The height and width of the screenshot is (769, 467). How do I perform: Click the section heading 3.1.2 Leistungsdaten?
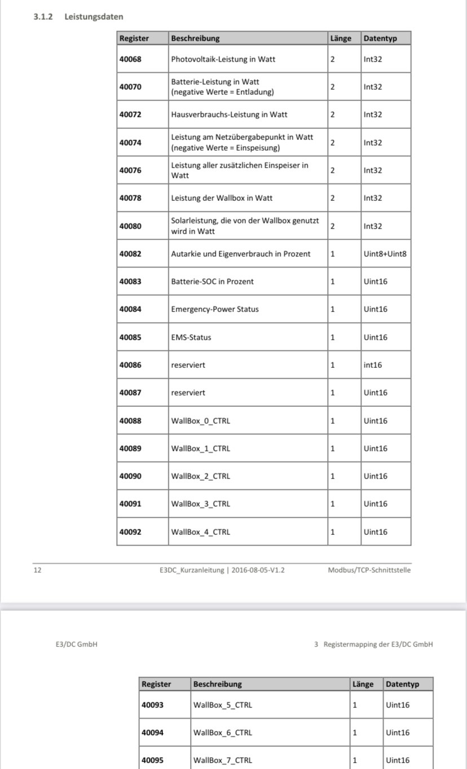pyautogui.click(x=78, y=17)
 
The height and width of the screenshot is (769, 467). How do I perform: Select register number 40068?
pyautogui.click(x=130, y=59)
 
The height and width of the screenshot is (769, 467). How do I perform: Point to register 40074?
pyautogui.click(x=130, y=143)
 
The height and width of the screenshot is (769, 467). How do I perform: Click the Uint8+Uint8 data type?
pyautogui.click(x=385, y=254)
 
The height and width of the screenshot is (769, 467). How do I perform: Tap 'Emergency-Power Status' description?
pyautogui.click(x=215, y=309)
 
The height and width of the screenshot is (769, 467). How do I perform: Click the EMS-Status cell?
pyautogui.click(x=191, y=337)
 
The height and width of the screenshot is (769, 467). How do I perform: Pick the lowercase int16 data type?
pyautogui.click(x=373, y=365)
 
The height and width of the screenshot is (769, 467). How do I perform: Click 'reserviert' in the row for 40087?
pyautogui.click(x=188, y=393)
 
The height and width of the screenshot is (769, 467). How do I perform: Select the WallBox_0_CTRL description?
pyautogui.click(x=201, y=421)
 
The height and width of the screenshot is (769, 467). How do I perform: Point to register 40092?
pyautogui.click(x=130, y=532)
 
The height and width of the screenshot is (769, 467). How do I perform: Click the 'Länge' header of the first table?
pyautogui.click(x=341, y=38)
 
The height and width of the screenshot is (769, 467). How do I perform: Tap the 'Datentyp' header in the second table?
pyautogui.click(x=403, y=684)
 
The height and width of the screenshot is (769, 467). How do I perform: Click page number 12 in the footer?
pyautogui.click(x=37, y=570)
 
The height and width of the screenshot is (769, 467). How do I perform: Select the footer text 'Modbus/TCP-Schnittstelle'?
pyautogui.click(x=369, y=570)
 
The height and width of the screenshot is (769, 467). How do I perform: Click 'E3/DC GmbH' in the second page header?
pyautogui.click(x=73, y=644)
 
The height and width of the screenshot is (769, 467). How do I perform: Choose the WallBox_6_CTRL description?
pyautogui.click(x=223, y=733)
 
